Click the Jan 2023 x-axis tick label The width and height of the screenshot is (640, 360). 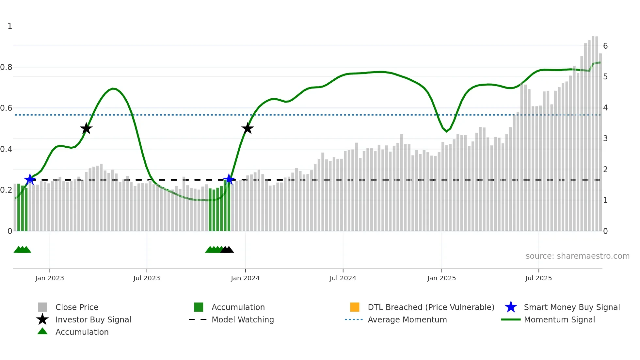point(50,278)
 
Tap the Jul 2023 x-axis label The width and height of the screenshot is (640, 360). point(147,278)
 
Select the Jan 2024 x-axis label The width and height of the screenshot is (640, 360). point(245,278)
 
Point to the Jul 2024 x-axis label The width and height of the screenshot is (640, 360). point(343,278)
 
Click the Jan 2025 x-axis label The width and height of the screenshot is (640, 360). point(441,278)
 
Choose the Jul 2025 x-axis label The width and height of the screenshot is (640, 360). point(538,278)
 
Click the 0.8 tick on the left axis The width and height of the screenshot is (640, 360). point(6,67)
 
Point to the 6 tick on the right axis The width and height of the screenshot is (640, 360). point(605,46)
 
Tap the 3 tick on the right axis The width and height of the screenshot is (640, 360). point(605,139)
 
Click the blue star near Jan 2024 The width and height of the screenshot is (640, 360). point(229,179)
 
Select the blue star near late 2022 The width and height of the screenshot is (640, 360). point(30,179)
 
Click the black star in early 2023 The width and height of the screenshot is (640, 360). point(86,129)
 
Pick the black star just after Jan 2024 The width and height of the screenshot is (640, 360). point(248,129)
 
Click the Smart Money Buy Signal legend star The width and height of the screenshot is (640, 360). point(511,307)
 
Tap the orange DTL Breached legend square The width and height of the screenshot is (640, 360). point(355,307)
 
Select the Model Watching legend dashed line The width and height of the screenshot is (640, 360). point(198,319)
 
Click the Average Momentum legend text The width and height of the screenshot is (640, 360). point(407,319)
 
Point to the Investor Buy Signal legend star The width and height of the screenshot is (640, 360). point(42,319)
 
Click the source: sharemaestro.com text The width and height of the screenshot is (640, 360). point(577,256)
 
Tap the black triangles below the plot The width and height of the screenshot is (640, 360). point(227,250)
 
